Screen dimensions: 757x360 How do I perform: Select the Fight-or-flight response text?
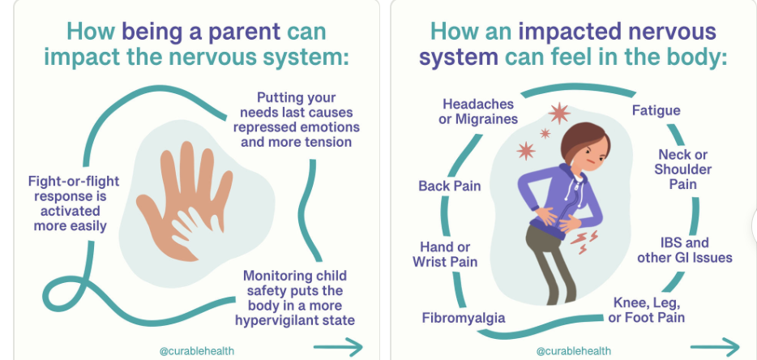coord(74,204)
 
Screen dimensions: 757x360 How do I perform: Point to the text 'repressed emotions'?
coord(297,127)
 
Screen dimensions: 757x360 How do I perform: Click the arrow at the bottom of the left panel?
coord(338,346)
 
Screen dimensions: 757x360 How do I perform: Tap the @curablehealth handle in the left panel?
coord(196,351)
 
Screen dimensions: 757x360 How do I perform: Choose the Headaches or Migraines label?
coord(478,111)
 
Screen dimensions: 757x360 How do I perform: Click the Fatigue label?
coord(656,110)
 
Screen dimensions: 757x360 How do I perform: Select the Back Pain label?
coord(450,186)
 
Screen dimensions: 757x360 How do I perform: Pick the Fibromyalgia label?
coord(464,318)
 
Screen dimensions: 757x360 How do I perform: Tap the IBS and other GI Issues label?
coord(685,250)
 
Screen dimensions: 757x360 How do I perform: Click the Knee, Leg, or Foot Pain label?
coord(647,311)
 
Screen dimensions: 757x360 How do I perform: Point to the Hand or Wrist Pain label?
coord(445,255)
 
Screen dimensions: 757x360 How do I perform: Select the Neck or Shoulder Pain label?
coord(682,169)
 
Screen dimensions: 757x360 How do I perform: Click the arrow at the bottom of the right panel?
coord(715,346)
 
